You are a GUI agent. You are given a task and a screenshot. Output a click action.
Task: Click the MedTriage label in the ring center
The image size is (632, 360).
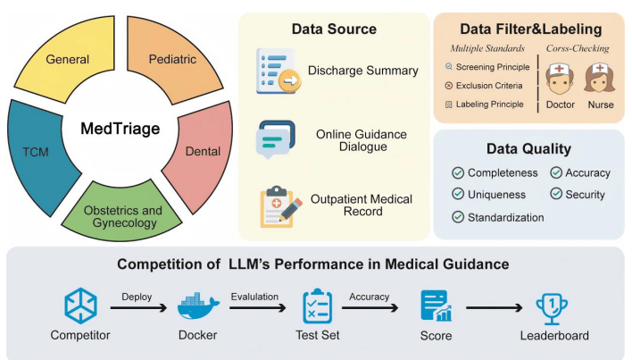(119, 130)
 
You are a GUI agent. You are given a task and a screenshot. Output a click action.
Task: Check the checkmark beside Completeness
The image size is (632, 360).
(458, 172)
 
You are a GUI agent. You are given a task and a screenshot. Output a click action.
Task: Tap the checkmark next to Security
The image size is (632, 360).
(556, 194)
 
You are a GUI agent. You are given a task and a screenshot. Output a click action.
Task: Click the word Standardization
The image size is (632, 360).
(506, 216)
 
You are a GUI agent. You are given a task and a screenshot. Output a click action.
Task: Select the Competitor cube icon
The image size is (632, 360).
(80, 305)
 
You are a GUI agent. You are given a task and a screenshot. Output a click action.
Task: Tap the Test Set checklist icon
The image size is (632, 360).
(318, 306)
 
